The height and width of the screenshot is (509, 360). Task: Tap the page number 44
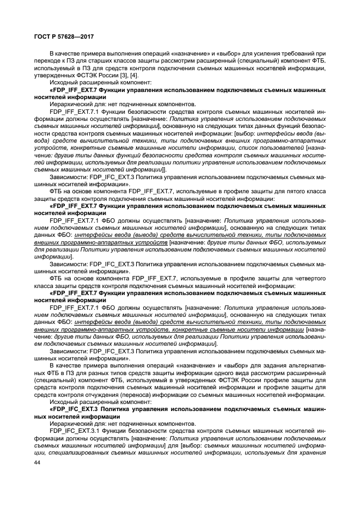(37, 463)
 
